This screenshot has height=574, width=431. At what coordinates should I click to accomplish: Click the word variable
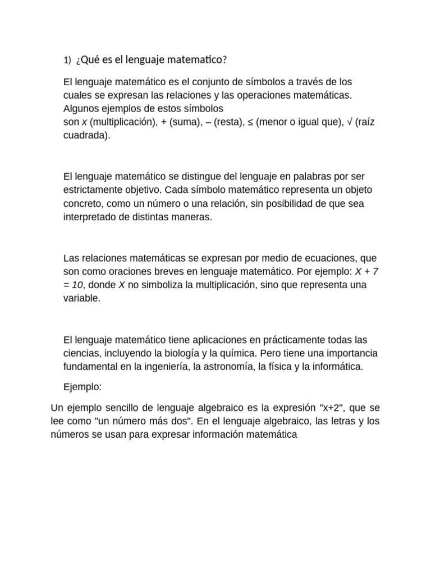81,298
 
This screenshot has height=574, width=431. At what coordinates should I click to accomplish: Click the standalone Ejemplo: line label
82,387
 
